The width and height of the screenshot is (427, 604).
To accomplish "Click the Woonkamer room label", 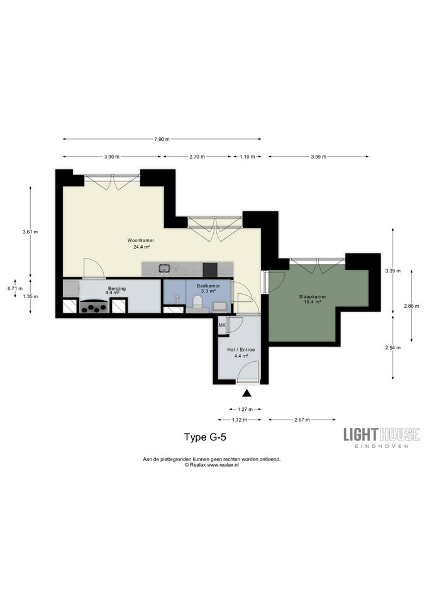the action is (141, 240).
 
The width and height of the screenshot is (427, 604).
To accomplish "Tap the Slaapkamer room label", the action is (313, 297).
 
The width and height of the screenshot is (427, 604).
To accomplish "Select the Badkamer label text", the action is (208, 286).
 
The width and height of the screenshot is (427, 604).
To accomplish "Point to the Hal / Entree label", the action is (241, 350).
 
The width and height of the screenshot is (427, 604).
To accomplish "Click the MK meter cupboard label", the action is (222, 325).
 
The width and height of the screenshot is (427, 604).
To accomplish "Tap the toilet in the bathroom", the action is (198, 301).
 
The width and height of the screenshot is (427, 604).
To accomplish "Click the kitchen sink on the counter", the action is (165, 269).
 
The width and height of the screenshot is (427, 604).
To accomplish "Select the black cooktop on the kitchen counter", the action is (210, 269).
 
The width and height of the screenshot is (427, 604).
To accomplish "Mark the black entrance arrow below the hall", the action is (247, 393).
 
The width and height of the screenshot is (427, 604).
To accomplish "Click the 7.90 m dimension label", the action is (162, 140).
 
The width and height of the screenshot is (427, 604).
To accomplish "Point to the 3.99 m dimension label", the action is (318, 157).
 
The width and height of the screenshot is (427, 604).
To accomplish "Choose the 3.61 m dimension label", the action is (30, 232).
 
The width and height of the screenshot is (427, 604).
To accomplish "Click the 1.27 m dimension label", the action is (245, 410).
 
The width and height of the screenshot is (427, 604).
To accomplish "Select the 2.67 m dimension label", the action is (302, 420).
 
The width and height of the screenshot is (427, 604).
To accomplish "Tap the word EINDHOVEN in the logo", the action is (381, 446).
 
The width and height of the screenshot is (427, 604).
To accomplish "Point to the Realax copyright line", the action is (212, 465).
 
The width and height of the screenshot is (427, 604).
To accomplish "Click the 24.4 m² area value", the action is (141, 247).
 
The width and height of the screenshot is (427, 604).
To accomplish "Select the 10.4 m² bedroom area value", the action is (313, 303).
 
